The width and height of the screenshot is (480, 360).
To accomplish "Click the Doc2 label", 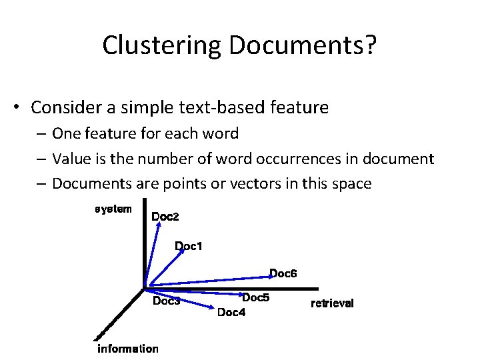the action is (x=165, y=217).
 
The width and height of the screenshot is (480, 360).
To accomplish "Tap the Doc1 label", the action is (x=189, y=247).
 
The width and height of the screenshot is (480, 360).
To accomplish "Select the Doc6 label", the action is (x=283, y=273).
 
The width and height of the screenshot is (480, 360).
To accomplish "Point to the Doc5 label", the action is (x=255, y=298).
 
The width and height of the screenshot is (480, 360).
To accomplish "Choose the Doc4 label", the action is (x=231, y=312).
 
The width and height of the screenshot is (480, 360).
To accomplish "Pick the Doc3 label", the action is (x=167, y=301).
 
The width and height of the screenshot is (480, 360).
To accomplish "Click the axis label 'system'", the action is (x=113, y=209).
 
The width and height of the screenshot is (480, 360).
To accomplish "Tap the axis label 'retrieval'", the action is (x=332, y=304).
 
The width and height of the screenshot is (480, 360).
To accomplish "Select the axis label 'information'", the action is (x=128, y=349).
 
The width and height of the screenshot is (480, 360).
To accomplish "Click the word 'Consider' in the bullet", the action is (x=69, y=107).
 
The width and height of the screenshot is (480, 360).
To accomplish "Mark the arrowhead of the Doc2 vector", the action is (x=157, y=225).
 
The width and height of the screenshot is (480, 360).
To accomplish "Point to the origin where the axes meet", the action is (x=144, y=289).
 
